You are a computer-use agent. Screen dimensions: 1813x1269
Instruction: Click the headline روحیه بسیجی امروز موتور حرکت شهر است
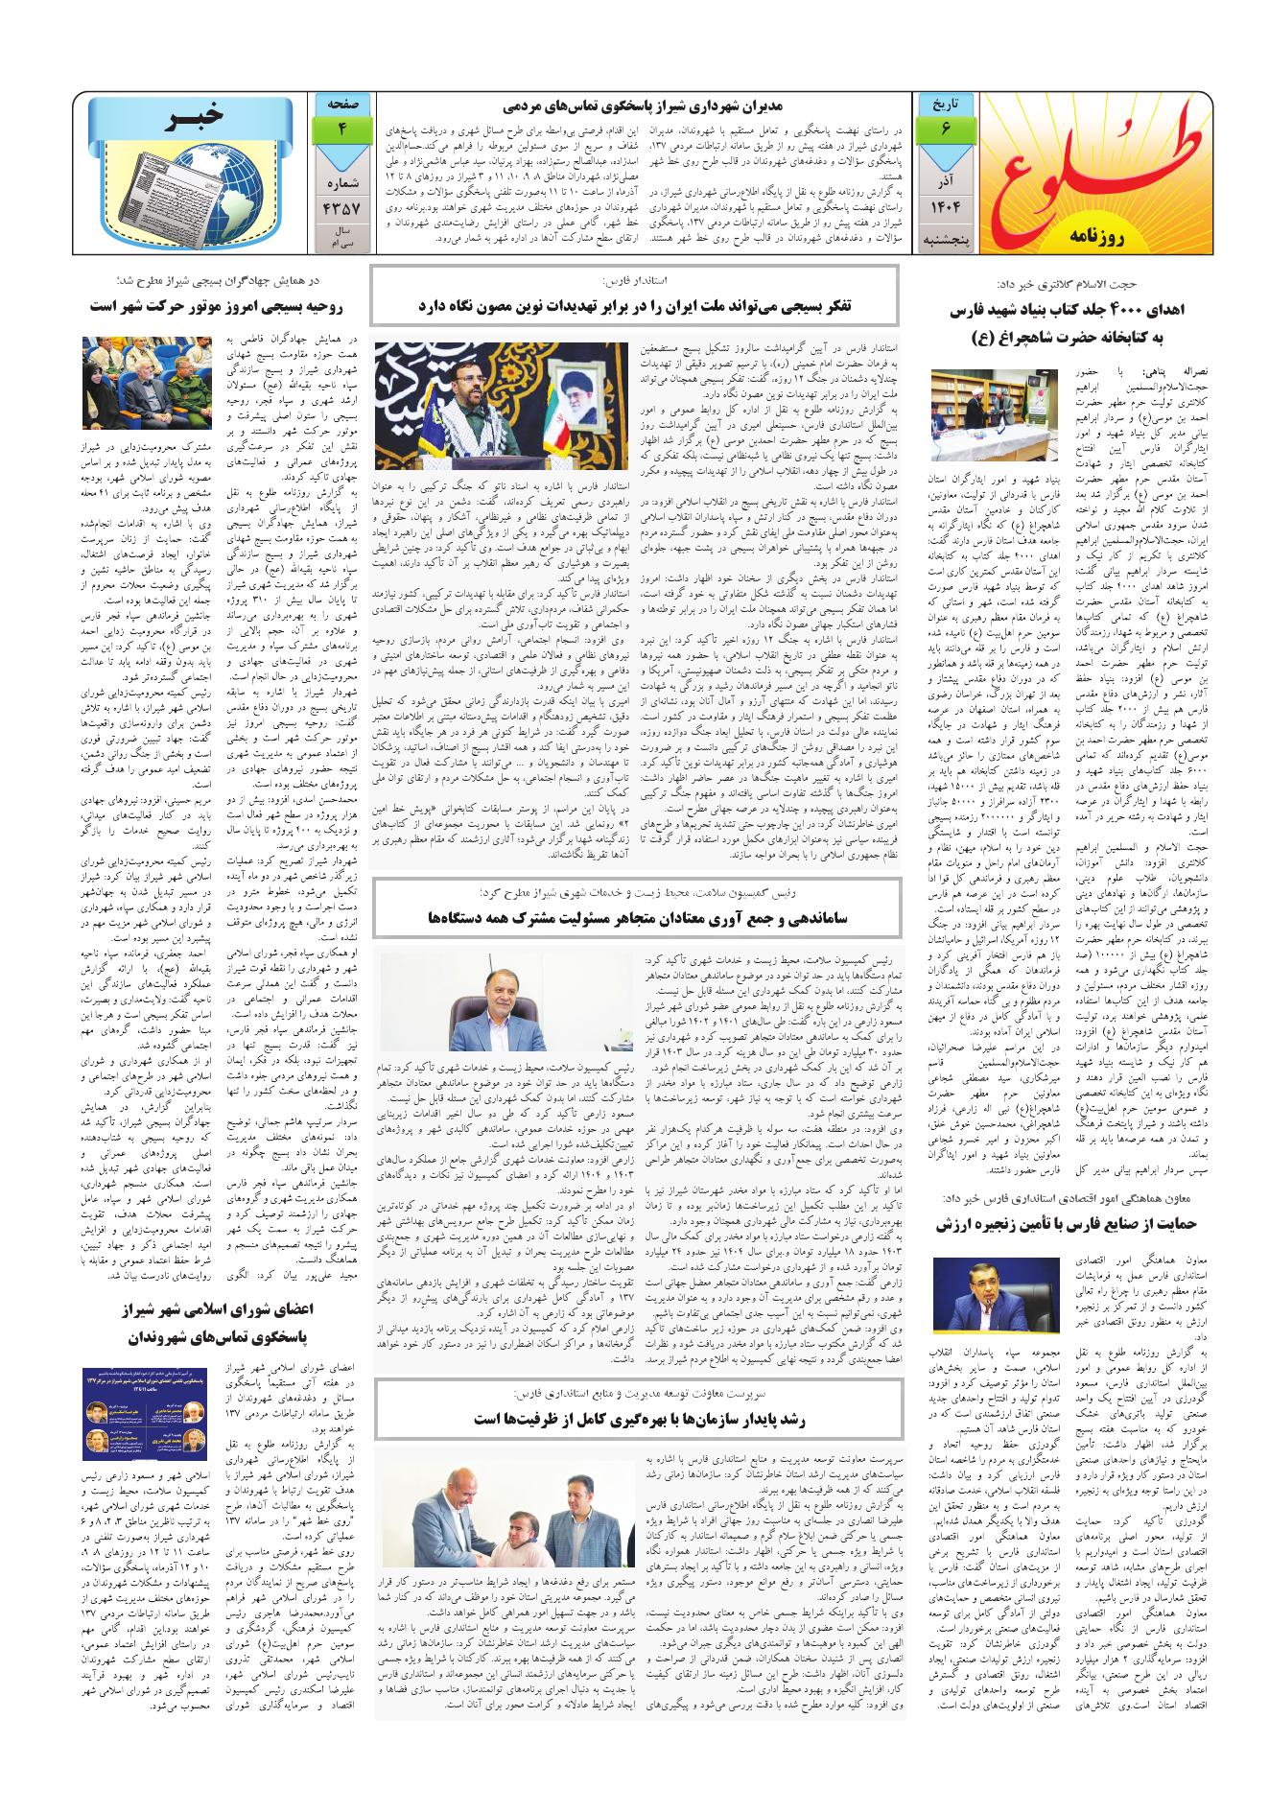pyautogui.click(x=223, y=306)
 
